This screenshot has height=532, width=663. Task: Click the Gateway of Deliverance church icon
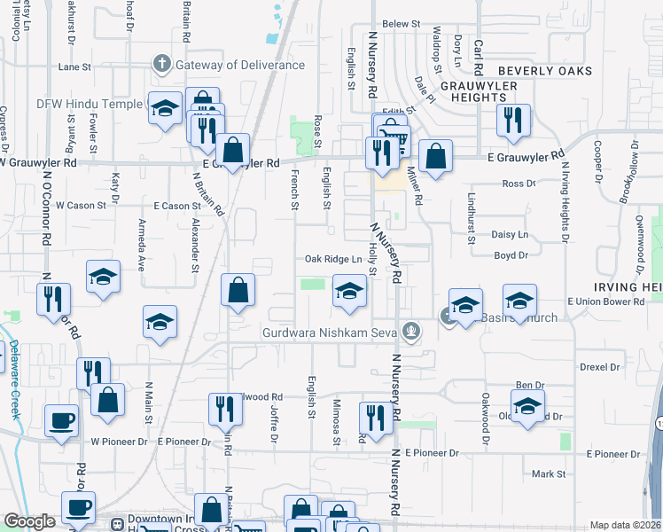pyautogui.click(x=161, y=64)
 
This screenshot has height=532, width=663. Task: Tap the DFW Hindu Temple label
pyautogui.click(x=89, y=104)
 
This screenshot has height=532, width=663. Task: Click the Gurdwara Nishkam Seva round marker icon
pyautogui.click(x=409, y=332)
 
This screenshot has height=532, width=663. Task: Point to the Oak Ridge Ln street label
pyautogui.click(x=333, y=259)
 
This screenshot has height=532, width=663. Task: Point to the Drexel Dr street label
pyautogui.click(x=599, y=366)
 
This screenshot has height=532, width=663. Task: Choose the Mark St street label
pyautogui.click(x=549, y=474)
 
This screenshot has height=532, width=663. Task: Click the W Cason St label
pyautogui.click(x=81, y=205)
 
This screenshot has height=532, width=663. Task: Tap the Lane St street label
pyautogui.click(x=74, y=66)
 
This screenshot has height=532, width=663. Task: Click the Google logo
pyautogui.click(x=29, y=521)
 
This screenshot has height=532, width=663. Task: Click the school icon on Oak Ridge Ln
pyautogui.click(x=349, y=291)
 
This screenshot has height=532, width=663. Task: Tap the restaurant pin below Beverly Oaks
pyautogui.click(x=512, y=120)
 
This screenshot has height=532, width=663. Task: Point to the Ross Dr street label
pyautogui.click(x=519, y=184)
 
